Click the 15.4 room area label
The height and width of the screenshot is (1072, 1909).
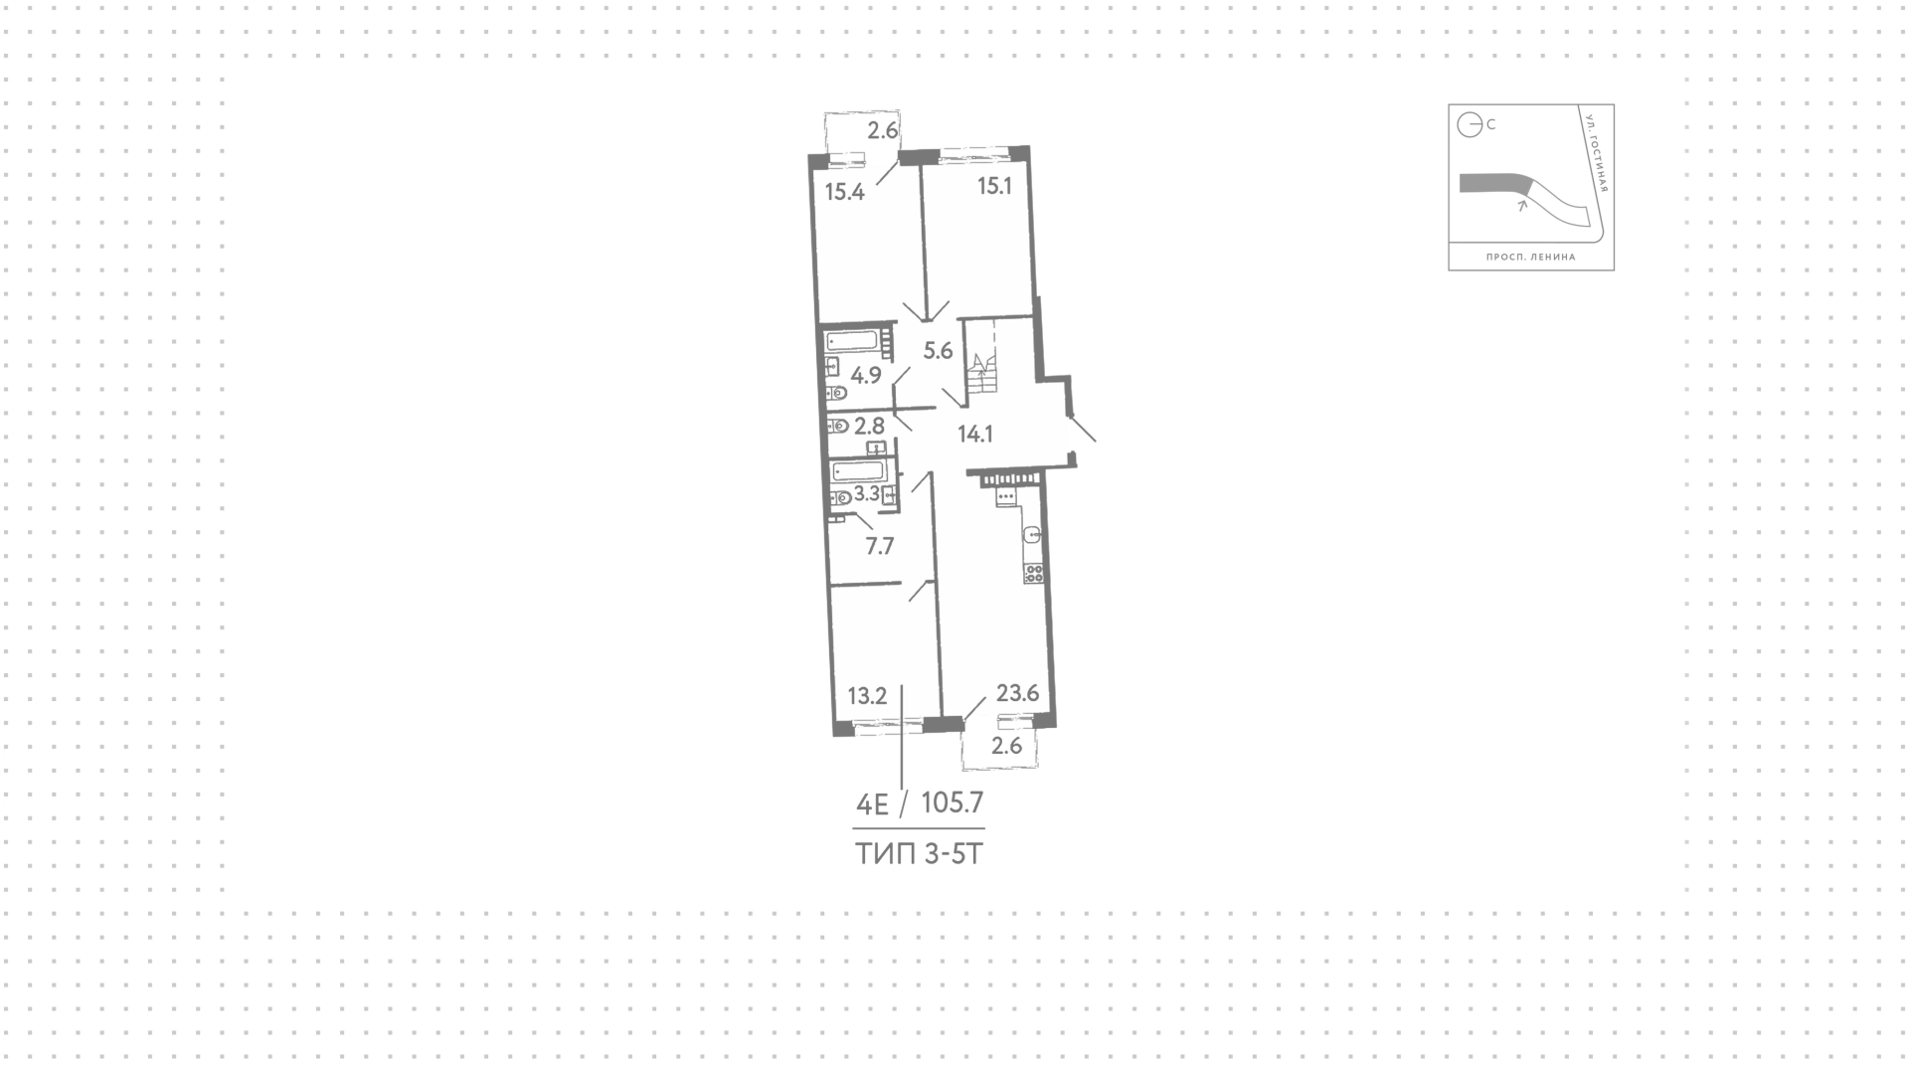(845, 192)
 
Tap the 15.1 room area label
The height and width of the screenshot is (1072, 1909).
(994, 185)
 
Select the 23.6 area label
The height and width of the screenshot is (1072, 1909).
(1017, 693)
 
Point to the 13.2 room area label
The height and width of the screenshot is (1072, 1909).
(867, 696)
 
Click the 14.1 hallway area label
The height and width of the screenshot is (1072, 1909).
(975, 434)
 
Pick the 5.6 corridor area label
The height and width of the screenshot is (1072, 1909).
(938, 350)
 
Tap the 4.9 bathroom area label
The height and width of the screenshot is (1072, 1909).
(867, 375)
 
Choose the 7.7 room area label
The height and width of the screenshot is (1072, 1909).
(880, 545)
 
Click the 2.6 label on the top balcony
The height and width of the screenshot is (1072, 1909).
(883, 129)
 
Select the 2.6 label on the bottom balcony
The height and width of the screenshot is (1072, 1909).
(1007, 746)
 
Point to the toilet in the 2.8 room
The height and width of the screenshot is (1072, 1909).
(837, 427)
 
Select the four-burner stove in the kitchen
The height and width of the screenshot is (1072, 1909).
(1033, 573)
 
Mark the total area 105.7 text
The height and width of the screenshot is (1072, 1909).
(953, 802)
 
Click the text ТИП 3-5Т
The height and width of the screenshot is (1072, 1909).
(919, 853)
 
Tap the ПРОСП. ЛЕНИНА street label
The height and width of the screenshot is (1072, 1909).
(1531, 257)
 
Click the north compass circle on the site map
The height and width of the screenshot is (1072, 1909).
(1470, 125)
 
